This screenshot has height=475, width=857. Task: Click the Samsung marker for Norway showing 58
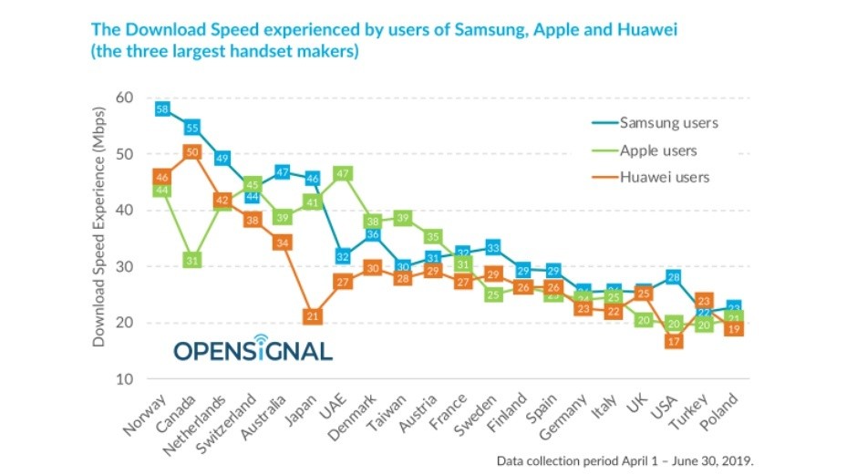(x=163, y=109)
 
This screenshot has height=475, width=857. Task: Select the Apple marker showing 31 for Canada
(x=192, y=261)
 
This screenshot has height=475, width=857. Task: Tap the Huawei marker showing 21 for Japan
(x=312, y=316)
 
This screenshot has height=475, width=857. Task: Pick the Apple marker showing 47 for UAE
(x=344, y=172)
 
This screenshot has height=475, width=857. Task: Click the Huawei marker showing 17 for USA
(x=675, y=341)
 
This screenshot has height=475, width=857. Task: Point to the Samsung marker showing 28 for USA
(x=675, y=277)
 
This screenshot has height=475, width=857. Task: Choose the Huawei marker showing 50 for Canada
(x=192, y=152)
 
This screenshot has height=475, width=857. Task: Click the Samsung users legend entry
(x=667, y=122)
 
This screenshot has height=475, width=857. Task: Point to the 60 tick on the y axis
(x=123, y=98)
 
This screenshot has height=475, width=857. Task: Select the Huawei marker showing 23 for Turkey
(x=704, y=300)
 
